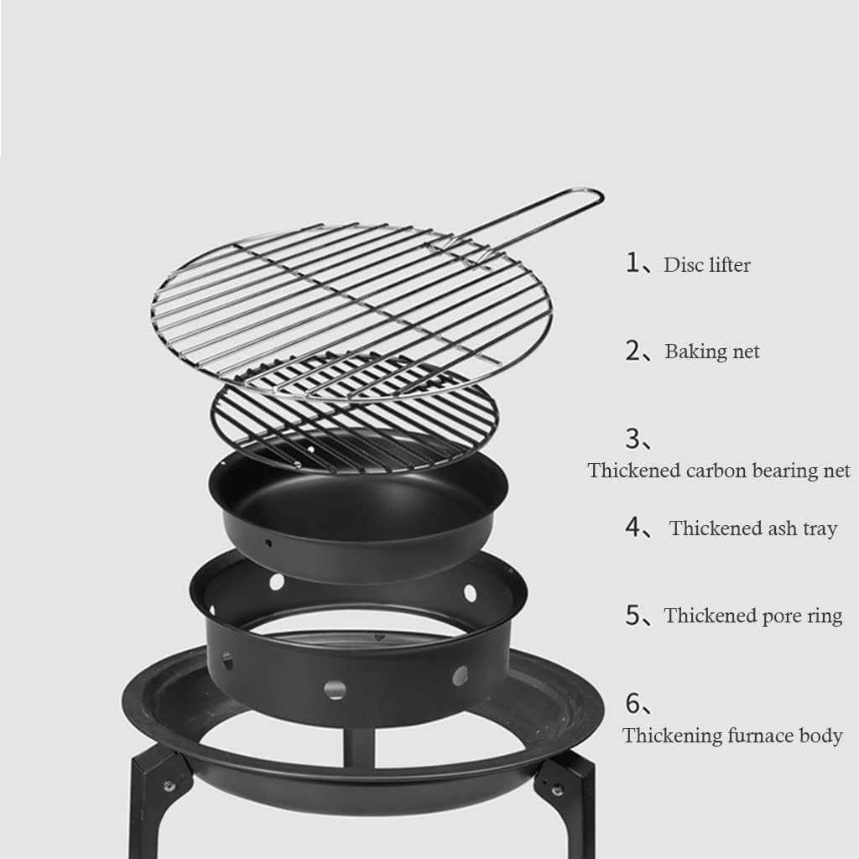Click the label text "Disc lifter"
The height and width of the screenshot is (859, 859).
706,265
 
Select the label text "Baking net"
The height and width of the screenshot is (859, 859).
712,351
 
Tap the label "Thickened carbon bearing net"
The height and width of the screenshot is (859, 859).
719,471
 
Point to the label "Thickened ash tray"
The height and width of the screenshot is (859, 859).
752,528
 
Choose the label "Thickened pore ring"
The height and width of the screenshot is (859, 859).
752,616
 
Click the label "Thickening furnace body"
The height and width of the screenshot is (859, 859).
731,737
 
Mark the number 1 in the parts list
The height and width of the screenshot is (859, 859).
633,263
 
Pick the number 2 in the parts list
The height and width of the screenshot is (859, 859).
633,351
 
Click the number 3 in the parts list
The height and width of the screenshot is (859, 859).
633,439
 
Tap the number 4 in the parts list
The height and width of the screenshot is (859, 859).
633,528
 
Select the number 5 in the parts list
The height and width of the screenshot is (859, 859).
633,615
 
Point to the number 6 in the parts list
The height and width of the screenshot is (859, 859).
633,701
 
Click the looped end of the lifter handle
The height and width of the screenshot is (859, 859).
587,199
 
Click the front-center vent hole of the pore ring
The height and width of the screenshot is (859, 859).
335,690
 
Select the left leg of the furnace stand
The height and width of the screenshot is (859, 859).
151,805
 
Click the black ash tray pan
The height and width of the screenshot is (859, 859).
361,512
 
